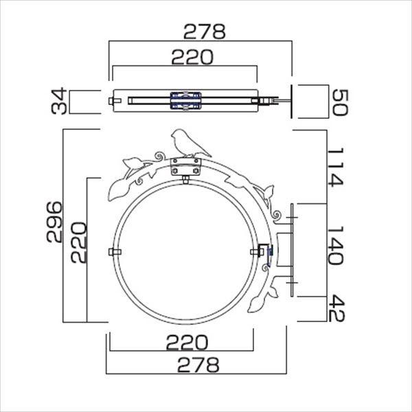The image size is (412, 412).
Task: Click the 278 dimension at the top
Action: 205,32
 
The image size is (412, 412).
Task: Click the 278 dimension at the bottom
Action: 198,365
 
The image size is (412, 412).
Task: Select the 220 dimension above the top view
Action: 192,57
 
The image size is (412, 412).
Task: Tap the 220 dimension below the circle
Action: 187,342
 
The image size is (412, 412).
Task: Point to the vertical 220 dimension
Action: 78,242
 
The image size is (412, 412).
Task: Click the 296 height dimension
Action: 54,222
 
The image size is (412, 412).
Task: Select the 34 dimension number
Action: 59,101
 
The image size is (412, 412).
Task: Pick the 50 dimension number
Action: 341,102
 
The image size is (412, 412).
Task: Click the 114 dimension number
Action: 336,168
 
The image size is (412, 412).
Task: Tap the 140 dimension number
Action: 336,245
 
